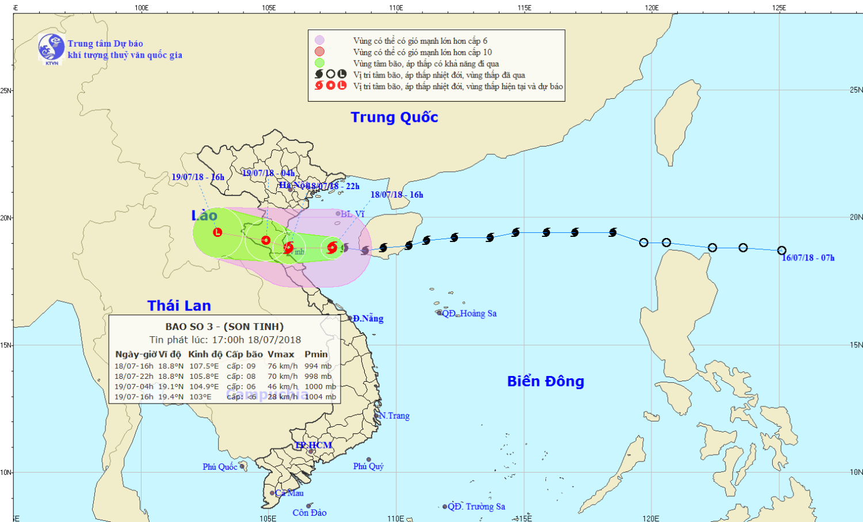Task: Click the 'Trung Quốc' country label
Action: [x=394, y=117]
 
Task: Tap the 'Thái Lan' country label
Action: [x=179, y=306]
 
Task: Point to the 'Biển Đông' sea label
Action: [x=545, y=381]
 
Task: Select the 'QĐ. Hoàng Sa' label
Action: [x=469, y=313]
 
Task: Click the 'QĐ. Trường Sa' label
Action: [x=476, y=506]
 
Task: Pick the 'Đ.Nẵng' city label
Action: [x=368, y=318]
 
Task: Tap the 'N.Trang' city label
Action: [x=394, y=416]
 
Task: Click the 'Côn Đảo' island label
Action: [x=310, y=513]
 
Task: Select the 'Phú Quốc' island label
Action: [x=220, y=467]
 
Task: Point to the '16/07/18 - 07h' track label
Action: [x=808, y=258]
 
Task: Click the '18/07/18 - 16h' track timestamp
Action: [x=396, y=195]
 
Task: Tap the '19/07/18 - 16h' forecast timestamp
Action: [x=198, y=177]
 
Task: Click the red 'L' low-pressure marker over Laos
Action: [x=217, y=232]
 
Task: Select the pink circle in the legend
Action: [x=319, y=40]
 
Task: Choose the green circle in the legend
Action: [x=319, y=63]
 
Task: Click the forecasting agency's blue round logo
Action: [x=51, y=48]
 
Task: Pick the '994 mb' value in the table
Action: [x=318, y=366]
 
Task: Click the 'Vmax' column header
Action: [x=281, y=354]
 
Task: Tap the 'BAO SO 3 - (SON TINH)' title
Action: [x=224, y=327]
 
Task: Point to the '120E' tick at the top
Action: [x=652, y=7]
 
